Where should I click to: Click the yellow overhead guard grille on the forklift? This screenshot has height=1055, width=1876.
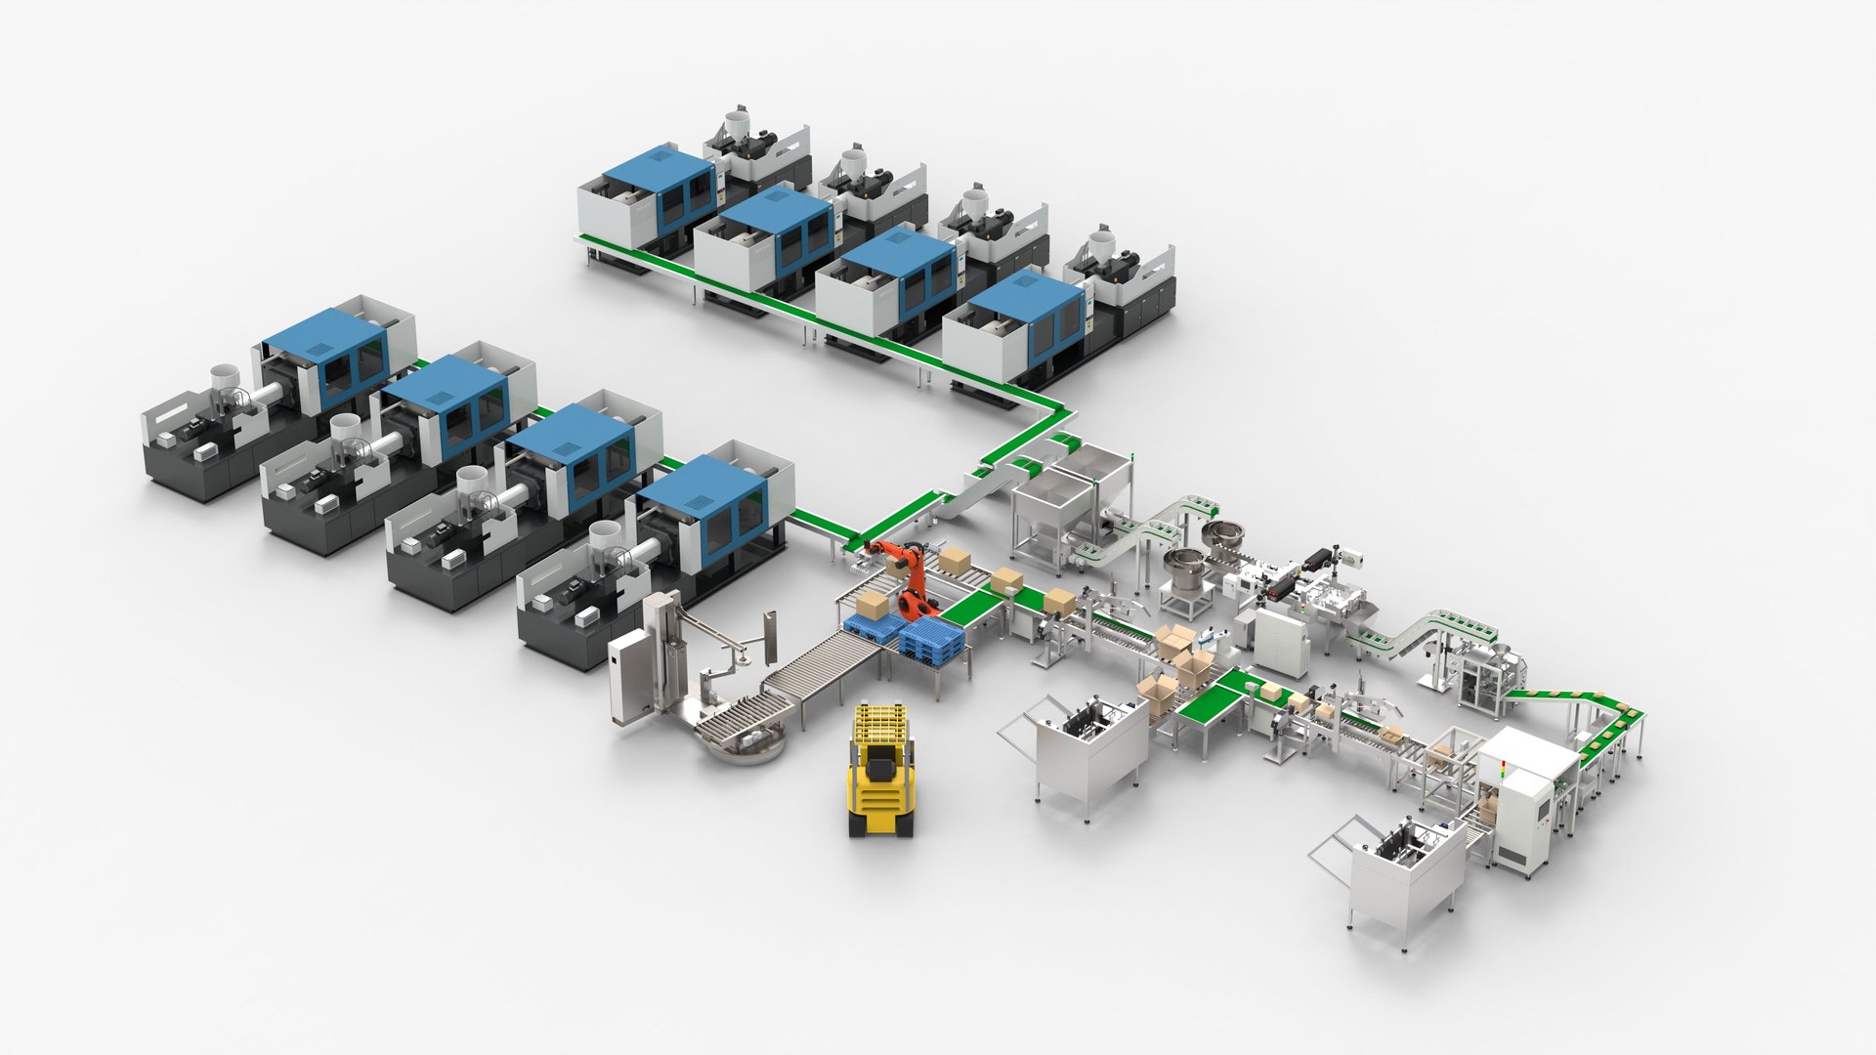[881, 724]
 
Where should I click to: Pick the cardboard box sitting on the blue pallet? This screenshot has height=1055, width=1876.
[873, 605]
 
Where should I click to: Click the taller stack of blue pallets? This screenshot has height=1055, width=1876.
[930, 639]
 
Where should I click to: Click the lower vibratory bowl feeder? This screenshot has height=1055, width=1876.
[1185, 566]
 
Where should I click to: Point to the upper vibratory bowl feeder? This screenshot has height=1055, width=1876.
[1227, 536]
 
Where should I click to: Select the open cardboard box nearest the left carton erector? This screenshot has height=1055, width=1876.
[1158, 693]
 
